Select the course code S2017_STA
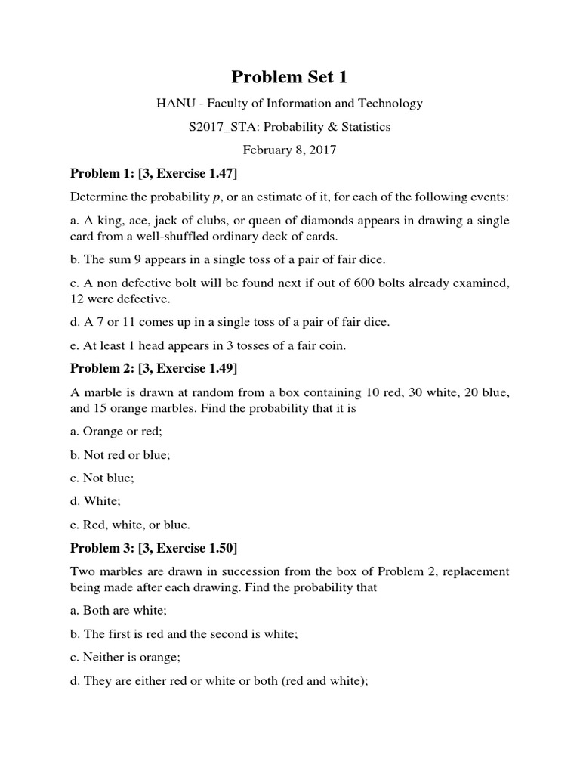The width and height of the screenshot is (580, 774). point(219,127)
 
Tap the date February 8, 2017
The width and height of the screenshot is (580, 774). point(289,150)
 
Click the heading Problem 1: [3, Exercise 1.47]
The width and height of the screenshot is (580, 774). point(154,174)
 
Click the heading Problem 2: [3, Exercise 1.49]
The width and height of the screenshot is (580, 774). point(154,369)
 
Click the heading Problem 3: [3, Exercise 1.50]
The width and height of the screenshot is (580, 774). point(154,547)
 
